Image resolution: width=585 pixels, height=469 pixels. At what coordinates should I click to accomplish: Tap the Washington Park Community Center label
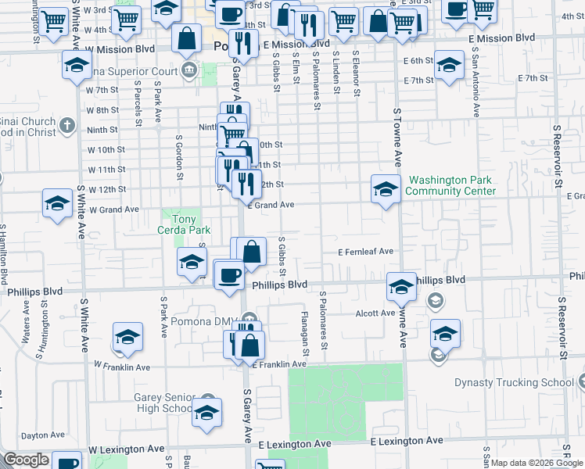(x=451, y=185)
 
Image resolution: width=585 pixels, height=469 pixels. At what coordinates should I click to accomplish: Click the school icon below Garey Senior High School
(x=206, y=414)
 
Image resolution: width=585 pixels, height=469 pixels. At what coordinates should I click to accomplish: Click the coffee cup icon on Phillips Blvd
(x=229, y=275)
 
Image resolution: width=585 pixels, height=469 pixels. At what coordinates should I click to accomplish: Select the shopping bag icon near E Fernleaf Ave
(x=252, y=252)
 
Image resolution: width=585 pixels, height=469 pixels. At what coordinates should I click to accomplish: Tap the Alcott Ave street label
(x=376, y=313)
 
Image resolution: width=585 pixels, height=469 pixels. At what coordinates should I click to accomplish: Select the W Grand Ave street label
(x=113, y=209)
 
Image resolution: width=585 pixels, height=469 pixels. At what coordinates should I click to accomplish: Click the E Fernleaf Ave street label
(x=365, y=252)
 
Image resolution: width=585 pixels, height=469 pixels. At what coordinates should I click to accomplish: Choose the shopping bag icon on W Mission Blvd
(x=188, y=37)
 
